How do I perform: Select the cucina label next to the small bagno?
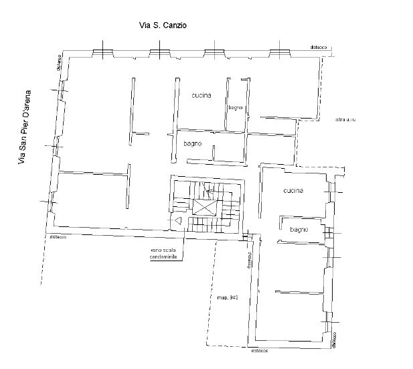(201, 95)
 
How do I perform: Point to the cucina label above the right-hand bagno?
(293, 191)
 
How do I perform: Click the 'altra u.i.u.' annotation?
(349, 120)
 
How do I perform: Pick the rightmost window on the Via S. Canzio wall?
(280, 53)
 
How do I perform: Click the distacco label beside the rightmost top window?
(319, 48)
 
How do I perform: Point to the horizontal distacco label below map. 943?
(261, 350)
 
